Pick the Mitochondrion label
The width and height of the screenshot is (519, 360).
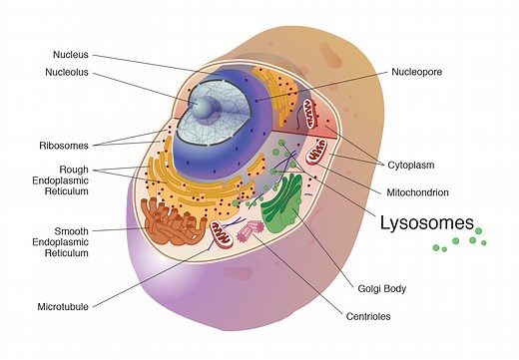417,190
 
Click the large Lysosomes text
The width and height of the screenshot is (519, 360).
426,223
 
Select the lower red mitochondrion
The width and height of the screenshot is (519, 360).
318,155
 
